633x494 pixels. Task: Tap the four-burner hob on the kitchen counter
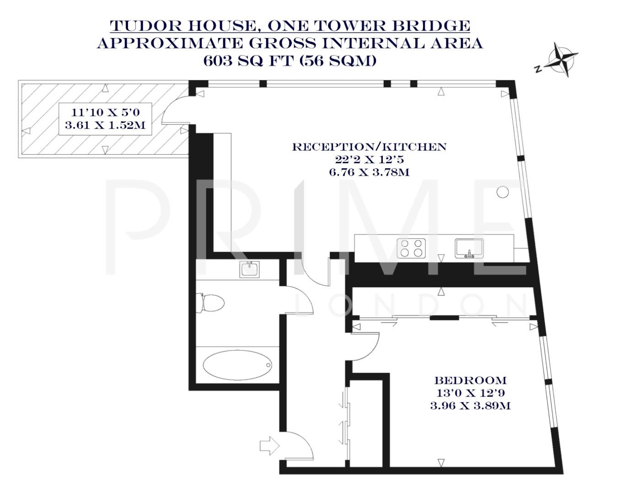(411, 248)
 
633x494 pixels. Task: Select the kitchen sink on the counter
(469, 248)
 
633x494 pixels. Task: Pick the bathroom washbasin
(250, 269)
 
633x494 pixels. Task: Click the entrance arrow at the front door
(269, 445)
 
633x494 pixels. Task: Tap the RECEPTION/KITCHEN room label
(369, 147)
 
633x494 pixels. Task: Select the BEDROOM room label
(470, 380)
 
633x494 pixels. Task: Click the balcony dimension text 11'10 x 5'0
(105, 112)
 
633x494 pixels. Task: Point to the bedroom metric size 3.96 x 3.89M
(470, 405)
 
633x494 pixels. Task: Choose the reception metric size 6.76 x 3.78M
(369, 172)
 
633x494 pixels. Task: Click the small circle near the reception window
(503, 192)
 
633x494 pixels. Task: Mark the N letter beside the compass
(538, 70)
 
